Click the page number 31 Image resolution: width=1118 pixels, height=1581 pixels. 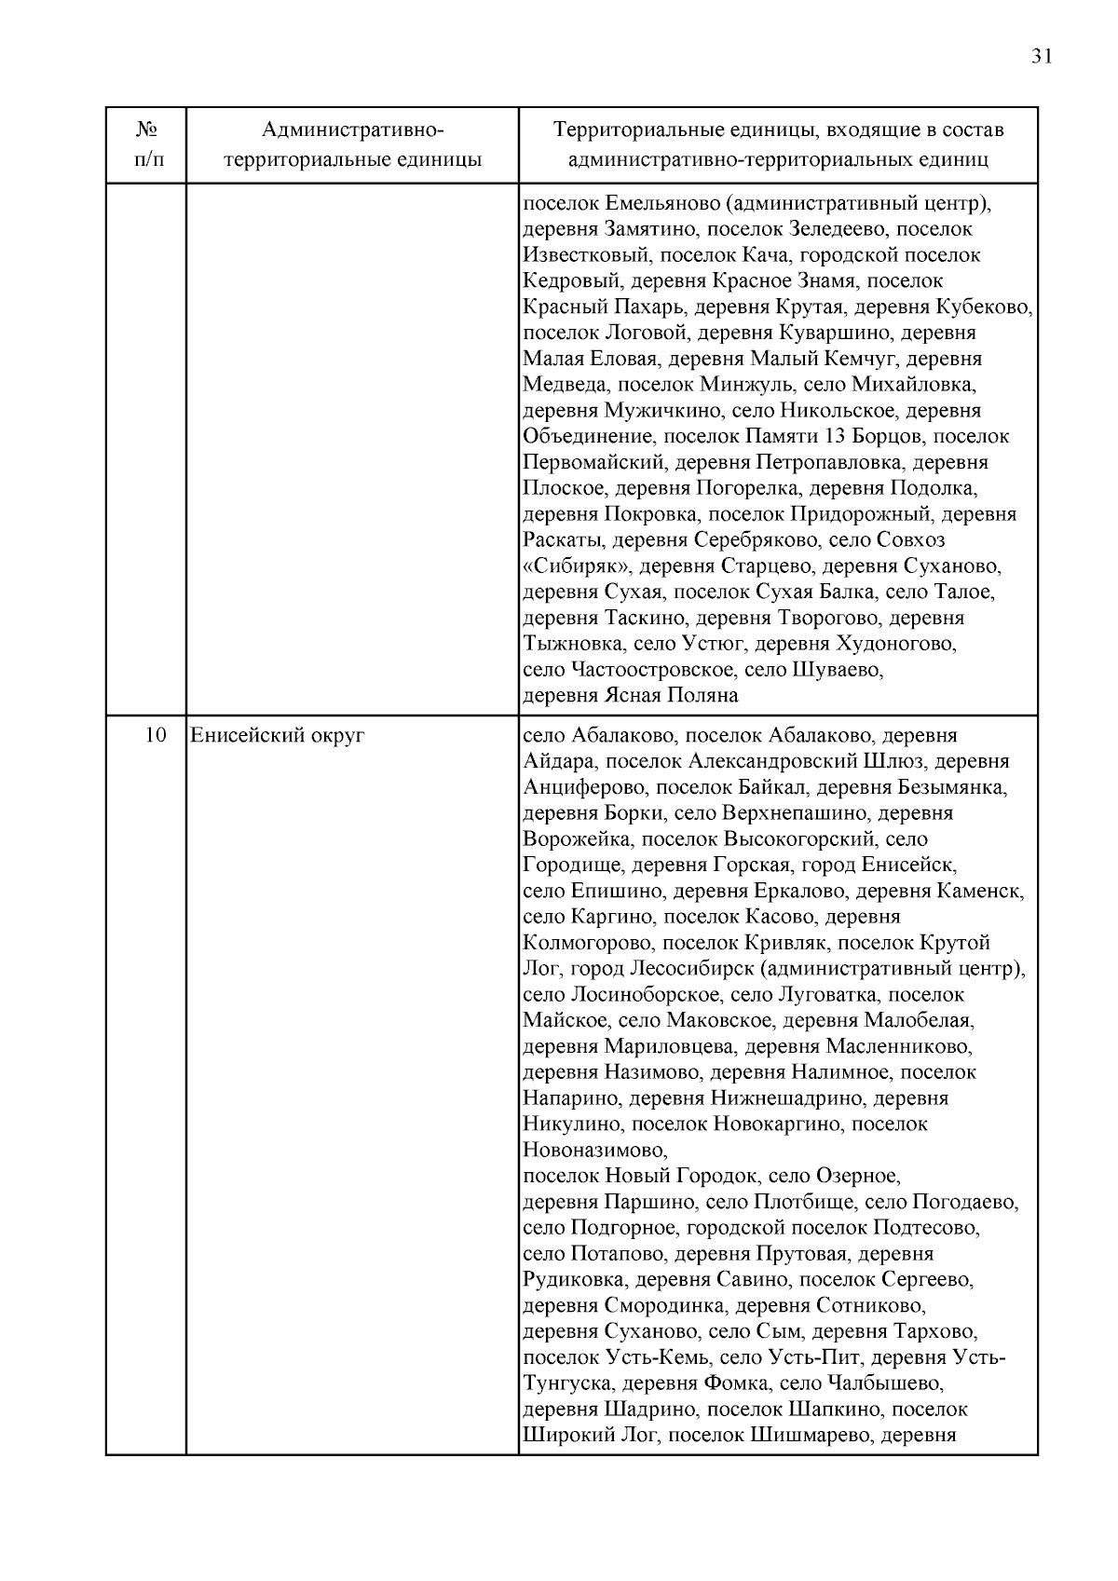point(1042,56)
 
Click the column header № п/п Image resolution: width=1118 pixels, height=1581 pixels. point(145,144)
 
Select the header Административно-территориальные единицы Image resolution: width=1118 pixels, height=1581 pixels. point(352,144)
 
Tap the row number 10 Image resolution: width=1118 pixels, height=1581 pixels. point(156,736)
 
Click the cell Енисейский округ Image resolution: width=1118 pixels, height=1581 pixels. point(278,736)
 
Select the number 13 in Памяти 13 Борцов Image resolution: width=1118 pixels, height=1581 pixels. point(860,437)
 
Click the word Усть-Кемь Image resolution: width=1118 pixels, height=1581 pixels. point(660,1358)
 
